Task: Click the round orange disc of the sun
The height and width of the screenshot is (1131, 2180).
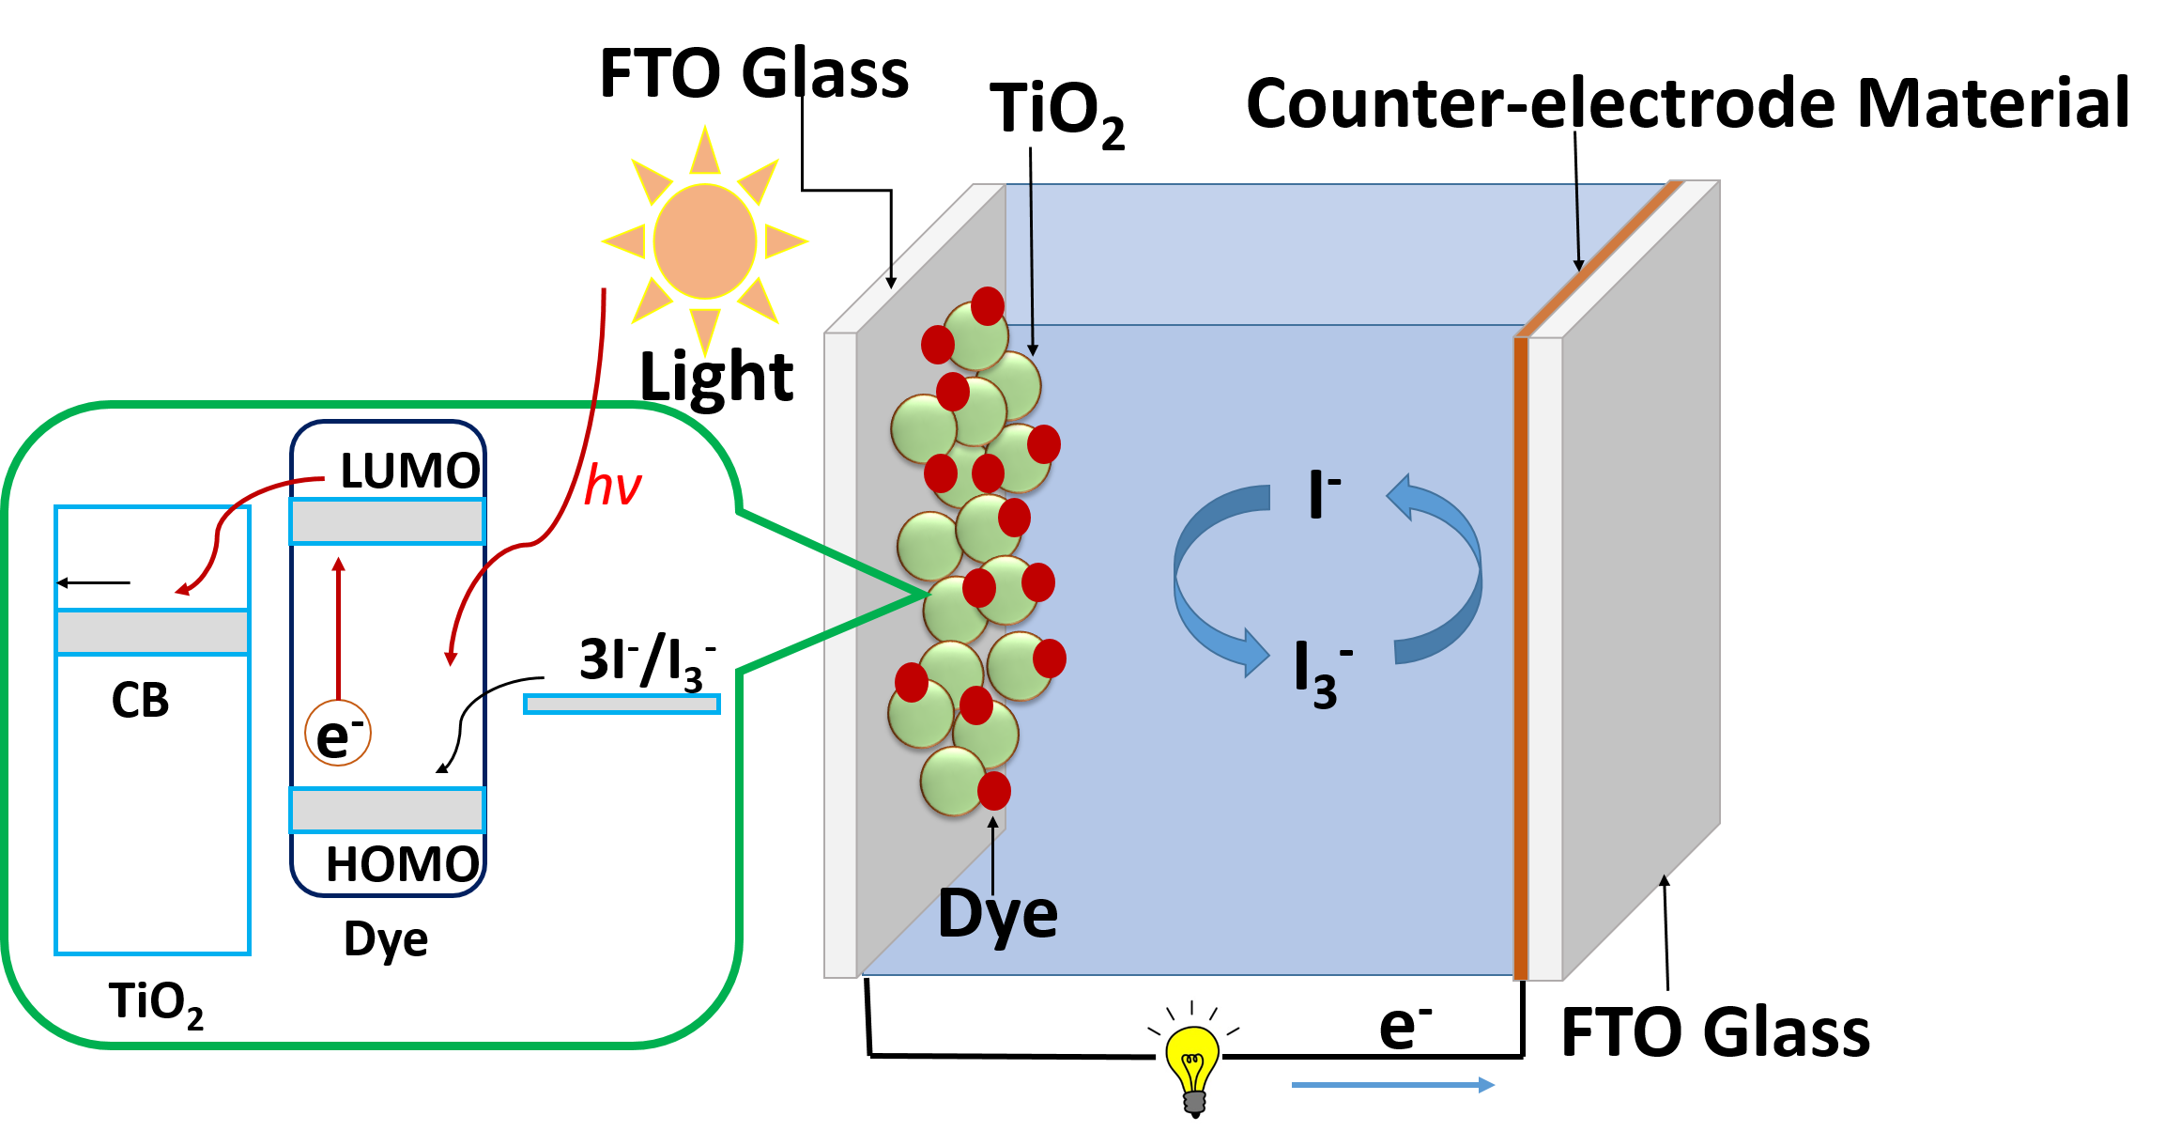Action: point(704,241)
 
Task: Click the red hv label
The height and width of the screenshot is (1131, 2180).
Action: point(612,487)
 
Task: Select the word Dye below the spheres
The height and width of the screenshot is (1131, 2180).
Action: point(997,914)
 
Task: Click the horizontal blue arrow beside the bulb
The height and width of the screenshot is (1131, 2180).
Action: point(1392,1085)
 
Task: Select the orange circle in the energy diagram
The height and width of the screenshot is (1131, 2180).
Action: point(338,733)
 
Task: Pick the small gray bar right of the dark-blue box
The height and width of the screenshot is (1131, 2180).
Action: point(622,704)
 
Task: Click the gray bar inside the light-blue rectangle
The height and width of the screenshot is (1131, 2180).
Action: point(152,632)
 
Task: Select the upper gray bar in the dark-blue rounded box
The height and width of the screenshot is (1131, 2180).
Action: point(387,521)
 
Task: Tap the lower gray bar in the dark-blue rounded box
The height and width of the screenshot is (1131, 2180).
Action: point(387,810)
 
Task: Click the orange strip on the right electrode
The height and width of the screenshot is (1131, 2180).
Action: point(1520,658)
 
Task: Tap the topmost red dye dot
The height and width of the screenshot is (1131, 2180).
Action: point(988,306)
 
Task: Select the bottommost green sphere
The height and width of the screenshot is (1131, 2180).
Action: point(950,782)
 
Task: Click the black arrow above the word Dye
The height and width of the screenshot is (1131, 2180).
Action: point(992,855)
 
